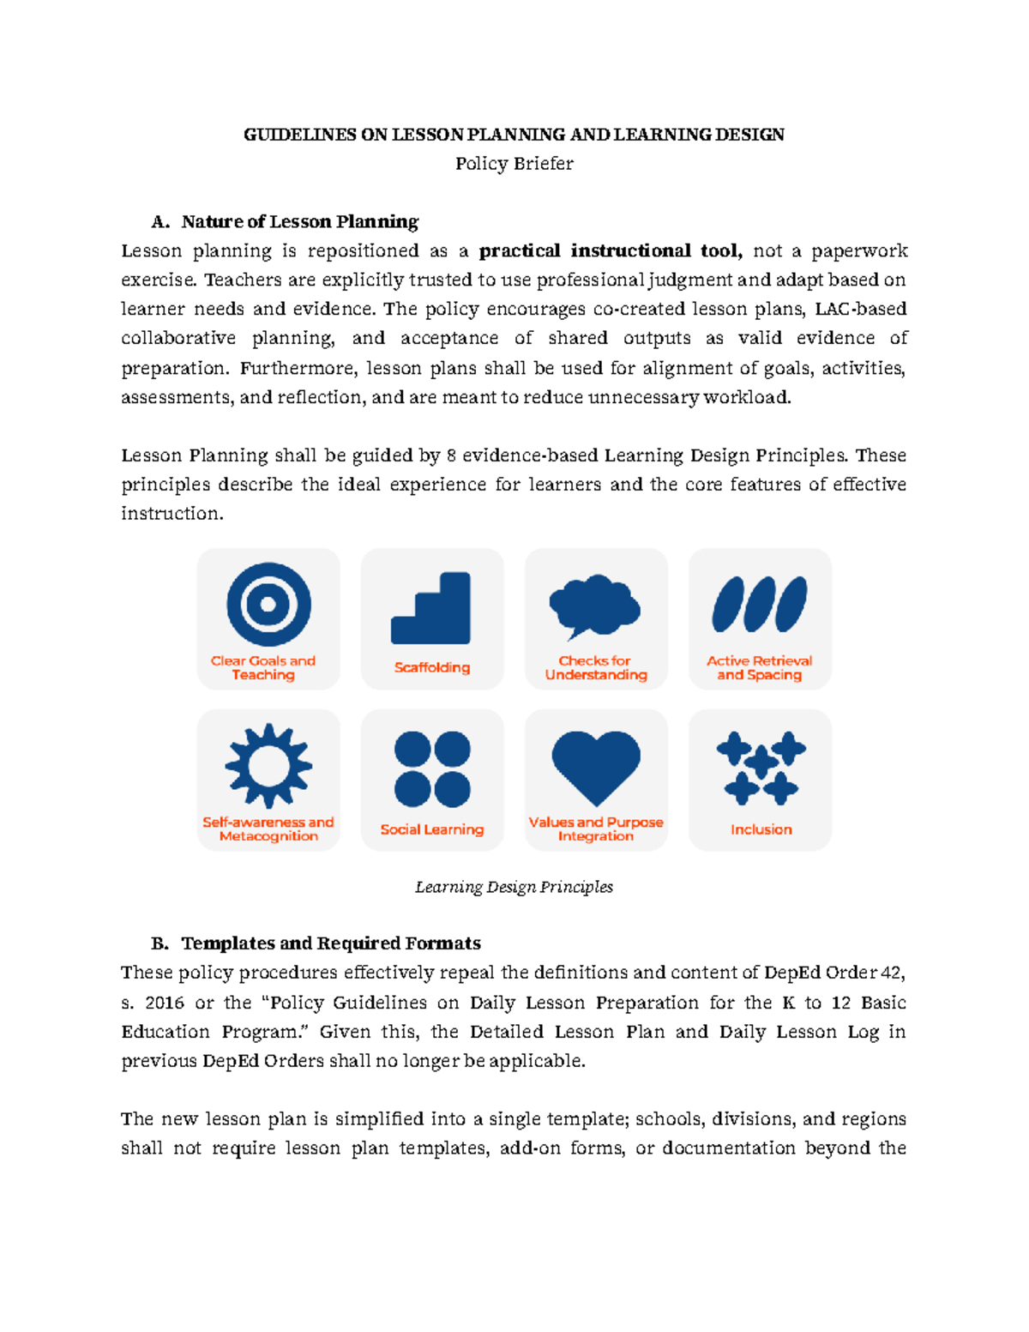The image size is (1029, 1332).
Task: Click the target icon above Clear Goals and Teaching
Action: [268, 605]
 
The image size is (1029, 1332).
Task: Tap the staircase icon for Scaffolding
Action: [431, 608]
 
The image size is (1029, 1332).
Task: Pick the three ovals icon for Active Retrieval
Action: [760, 605]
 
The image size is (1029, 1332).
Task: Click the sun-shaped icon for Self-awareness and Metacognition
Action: [268, 765]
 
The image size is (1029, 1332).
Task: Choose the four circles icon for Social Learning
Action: [432, 768]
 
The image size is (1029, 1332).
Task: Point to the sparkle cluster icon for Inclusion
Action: [761, 768]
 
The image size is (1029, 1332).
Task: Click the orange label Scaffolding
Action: [432, 667]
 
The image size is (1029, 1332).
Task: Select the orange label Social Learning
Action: [432, 829]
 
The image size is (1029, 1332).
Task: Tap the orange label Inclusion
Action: [761, 829]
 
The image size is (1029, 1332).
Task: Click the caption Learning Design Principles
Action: [514, 887]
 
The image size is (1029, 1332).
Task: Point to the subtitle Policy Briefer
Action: [514, 164]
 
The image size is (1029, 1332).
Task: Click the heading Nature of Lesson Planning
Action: [299, 222]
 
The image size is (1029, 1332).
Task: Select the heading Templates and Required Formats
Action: [330, 943]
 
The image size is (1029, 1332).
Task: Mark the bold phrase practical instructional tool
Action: [611, 251]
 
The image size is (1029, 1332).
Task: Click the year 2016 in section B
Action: [164, 1003]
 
